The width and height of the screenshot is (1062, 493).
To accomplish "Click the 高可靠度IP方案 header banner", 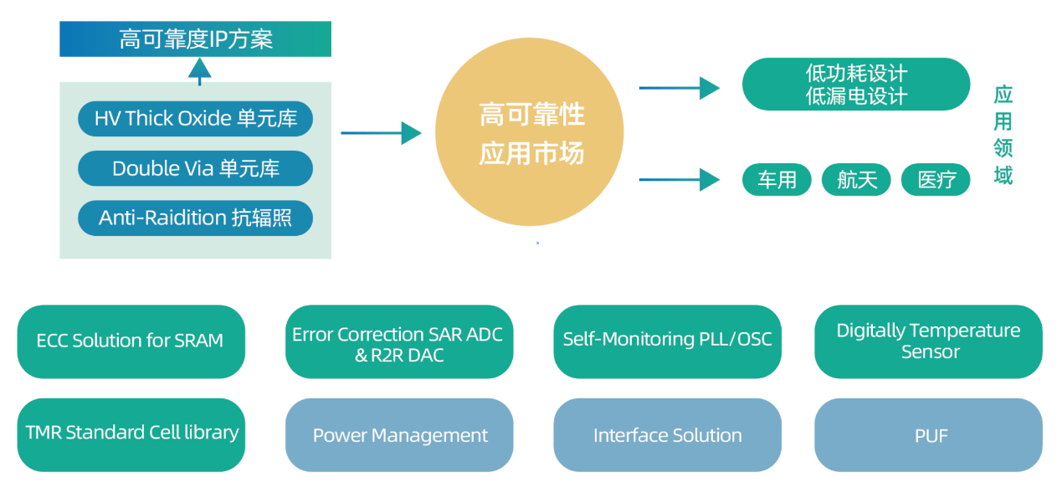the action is click(x=195, y=39).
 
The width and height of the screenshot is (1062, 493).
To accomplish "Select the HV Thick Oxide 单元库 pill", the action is click(x=195, y=119).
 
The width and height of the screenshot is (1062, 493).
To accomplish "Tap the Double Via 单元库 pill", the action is click(x=195, y=168).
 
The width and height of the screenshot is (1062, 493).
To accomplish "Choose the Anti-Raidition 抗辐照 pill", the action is click(x=195, y=218).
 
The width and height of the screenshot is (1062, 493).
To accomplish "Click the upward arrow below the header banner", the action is click(x=200, y=72).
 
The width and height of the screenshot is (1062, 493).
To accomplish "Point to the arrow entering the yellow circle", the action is click(x=381, y=133).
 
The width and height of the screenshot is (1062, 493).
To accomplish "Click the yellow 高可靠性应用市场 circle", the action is click(x=530, y=131).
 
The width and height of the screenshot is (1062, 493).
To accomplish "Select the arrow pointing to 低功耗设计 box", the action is click(x=680, y=88).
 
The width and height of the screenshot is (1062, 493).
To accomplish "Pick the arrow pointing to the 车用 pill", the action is click(x=680, y=180).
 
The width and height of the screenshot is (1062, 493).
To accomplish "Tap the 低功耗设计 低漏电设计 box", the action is click(x=856, y=85).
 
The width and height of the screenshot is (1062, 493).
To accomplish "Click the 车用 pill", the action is click(x=777, y=180).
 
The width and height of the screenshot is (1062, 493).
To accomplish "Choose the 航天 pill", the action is click(x=856, y=180).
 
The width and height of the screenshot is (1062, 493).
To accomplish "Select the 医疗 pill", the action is click(x=936, y=180).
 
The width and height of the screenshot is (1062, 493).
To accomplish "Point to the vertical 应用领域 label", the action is click(x=1003, y=135).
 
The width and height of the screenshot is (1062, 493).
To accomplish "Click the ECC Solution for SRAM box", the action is click(x=131, y=342).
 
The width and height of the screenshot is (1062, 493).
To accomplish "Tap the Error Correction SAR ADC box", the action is click(x=399, y=342).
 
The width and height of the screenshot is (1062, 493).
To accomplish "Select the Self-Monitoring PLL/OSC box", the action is click(x=668, y=342).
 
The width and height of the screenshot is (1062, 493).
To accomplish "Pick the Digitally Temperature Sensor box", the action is click(x=928, y=342).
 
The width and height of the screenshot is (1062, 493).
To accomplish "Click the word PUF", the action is click(x=931, y=435).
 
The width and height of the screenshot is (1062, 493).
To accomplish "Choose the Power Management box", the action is click(x=399, y=435).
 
